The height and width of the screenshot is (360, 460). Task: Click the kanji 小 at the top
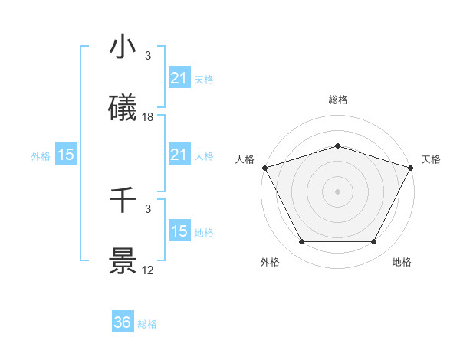click(x=123, y=47)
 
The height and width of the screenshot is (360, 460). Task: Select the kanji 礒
click(x=123, y=108)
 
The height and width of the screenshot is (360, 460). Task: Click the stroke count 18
click(x=148, y=117)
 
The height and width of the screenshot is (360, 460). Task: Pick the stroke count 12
click(x=148, y=271)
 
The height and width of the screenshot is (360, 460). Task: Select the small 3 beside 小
click(x=148, y=56)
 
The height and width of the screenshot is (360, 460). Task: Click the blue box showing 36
click(x=123, y=322)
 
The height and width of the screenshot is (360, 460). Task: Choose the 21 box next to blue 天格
click(x=179, y=78)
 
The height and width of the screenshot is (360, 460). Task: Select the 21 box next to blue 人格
click(x=179, y=155)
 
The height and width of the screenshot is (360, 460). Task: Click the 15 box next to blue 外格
click(x=66, y=155)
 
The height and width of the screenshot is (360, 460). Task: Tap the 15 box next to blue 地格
click(x=179, y=231)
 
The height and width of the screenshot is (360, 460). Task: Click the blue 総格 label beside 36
click(x=147, y=324)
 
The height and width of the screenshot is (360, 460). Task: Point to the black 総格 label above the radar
click(x=338, y=100)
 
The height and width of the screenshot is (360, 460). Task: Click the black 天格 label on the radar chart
click(x=431, y=159)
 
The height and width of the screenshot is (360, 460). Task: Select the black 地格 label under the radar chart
click(x=402, y=263)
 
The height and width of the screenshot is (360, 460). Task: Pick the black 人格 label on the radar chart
click(x=245, y=159)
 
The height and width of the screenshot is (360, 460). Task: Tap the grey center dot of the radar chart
click(x=338, y=191)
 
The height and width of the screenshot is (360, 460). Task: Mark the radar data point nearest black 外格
click(x=301, y=242)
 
